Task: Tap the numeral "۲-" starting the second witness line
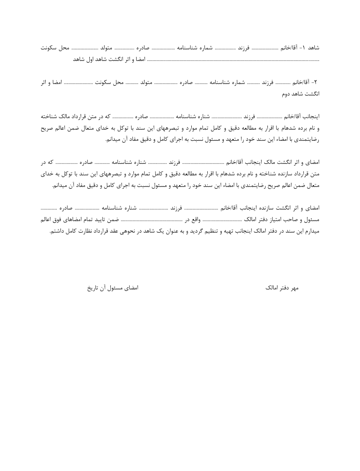(316, 82)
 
